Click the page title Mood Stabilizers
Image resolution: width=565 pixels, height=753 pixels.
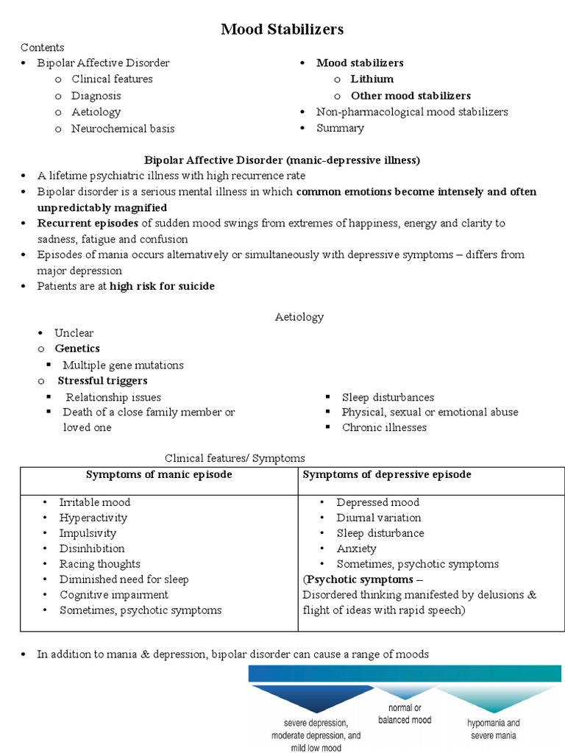click(x=282, y=29)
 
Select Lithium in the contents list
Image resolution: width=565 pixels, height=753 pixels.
click(x=372, y=79)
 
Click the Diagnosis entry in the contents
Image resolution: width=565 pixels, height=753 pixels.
click(x=96, y=96)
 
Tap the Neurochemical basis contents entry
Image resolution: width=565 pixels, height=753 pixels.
click(x=123, y=129)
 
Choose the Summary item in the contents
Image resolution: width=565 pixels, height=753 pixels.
click(x=340, y=128)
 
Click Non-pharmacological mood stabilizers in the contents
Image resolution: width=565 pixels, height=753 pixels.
click(x=412, y=112)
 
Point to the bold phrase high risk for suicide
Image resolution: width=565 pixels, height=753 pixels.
click(x=162, y=286)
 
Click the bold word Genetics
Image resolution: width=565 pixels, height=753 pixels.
click(x=77, y=349)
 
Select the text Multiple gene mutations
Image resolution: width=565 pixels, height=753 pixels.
click(x=123, y=365)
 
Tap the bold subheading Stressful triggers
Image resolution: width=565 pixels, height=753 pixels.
click(x=102, y=381)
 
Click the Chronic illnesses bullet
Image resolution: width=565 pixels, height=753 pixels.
click(x=384, y=427)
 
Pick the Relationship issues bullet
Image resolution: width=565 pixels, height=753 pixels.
click(x=113, y=397)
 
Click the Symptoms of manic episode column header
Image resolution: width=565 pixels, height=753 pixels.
click(x=159, y=474)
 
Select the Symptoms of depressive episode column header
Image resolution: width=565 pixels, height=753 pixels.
click(x=387, y=474)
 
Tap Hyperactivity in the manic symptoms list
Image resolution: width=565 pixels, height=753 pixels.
click(x=93, y=518)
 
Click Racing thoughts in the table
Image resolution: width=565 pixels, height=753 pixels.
click(x=100, y=564)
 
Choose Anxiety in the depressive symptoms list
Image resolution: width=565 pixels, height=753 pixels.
click(x=356, y=549)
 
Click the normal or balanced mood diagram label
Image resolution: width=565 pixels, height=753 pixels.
click(x=405, y=713)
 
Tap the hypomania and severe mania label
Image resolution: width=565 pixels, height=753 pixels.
click(x=493, y=728)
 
